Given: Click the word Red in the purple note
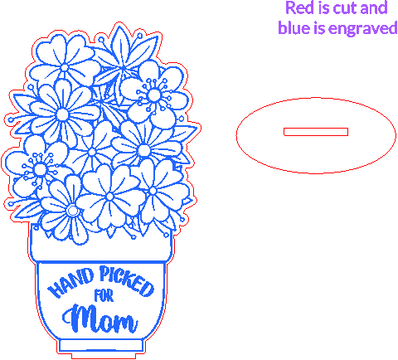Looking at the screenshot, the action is [300, 7].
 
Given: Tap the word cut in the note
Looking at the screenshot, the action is [345, 8].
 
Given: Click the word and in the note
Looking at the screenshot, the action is [374, 7].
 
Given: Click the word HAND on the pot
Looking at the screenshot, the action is [70, 283].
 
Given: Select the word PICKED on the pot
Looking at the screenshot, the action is [127, 280].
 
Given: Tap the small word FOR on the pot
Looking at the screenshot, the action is [104, 295].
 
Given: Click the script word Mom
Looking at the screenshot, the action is [100, 319].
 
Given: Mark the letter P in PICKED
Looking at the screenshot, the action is [104, 273].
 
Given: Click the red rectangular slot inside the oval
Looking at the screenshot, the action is [316, 132].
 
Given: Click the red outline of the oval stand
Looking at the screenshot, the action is [316, 98].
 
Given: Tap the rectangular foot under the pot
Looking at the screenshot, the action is [101, 345].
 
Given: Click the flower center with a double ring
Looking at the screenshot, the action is [72, 211].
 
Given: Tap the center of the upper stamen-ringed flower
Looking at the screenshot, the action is [154, 95].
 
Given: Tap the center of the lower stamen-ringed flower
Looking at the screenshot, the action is [40, 168].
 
